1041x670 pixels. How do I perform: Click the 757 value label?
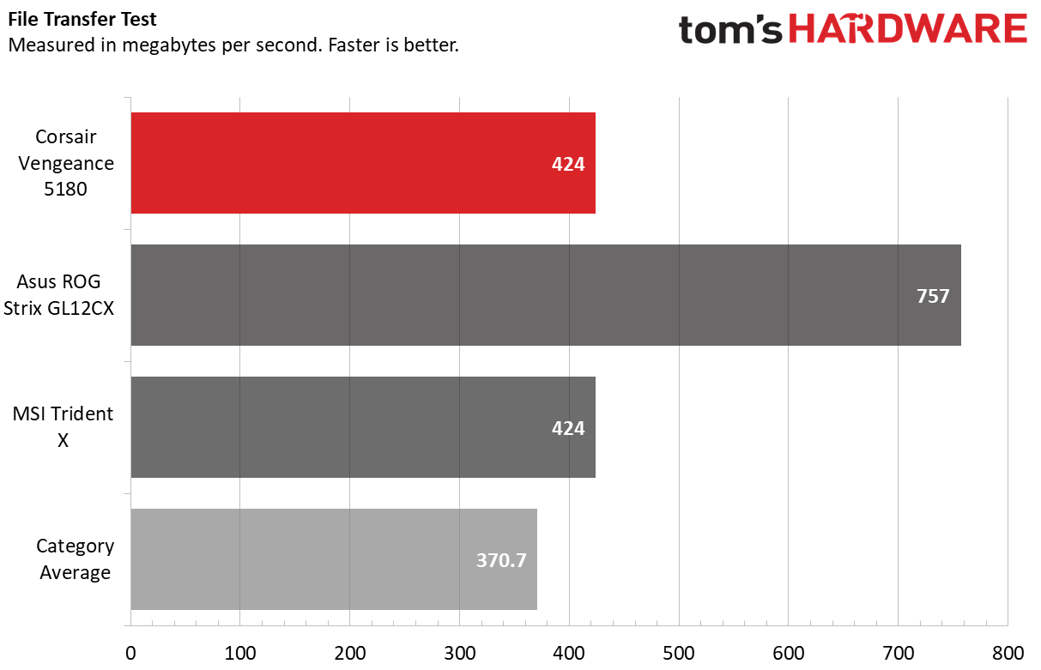[933, 296]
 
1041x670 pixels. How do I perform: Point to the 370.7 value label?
[501, 560]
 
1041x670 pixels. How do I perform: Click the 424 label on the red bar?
[568, 164]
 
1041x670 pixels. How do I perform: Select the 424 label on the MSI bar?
[568, 428]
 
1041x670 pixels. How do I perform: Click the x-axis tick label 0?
[130, 653]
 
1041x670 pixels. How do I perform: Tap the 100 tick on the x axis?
[240, 653]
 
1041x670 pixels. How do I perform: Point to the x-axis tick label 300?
[459, 653]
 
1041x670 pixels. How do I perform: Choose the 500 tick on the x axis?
[679, 653]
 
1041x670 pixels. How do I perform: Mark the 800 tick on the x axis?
[1008, 653]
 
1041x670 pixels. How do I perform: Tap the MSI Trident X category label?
[63, 426]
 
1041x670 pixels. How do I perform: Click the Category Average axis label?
[75, 558]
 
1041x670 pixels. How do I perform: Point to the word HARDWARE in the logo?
[907, 30]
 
